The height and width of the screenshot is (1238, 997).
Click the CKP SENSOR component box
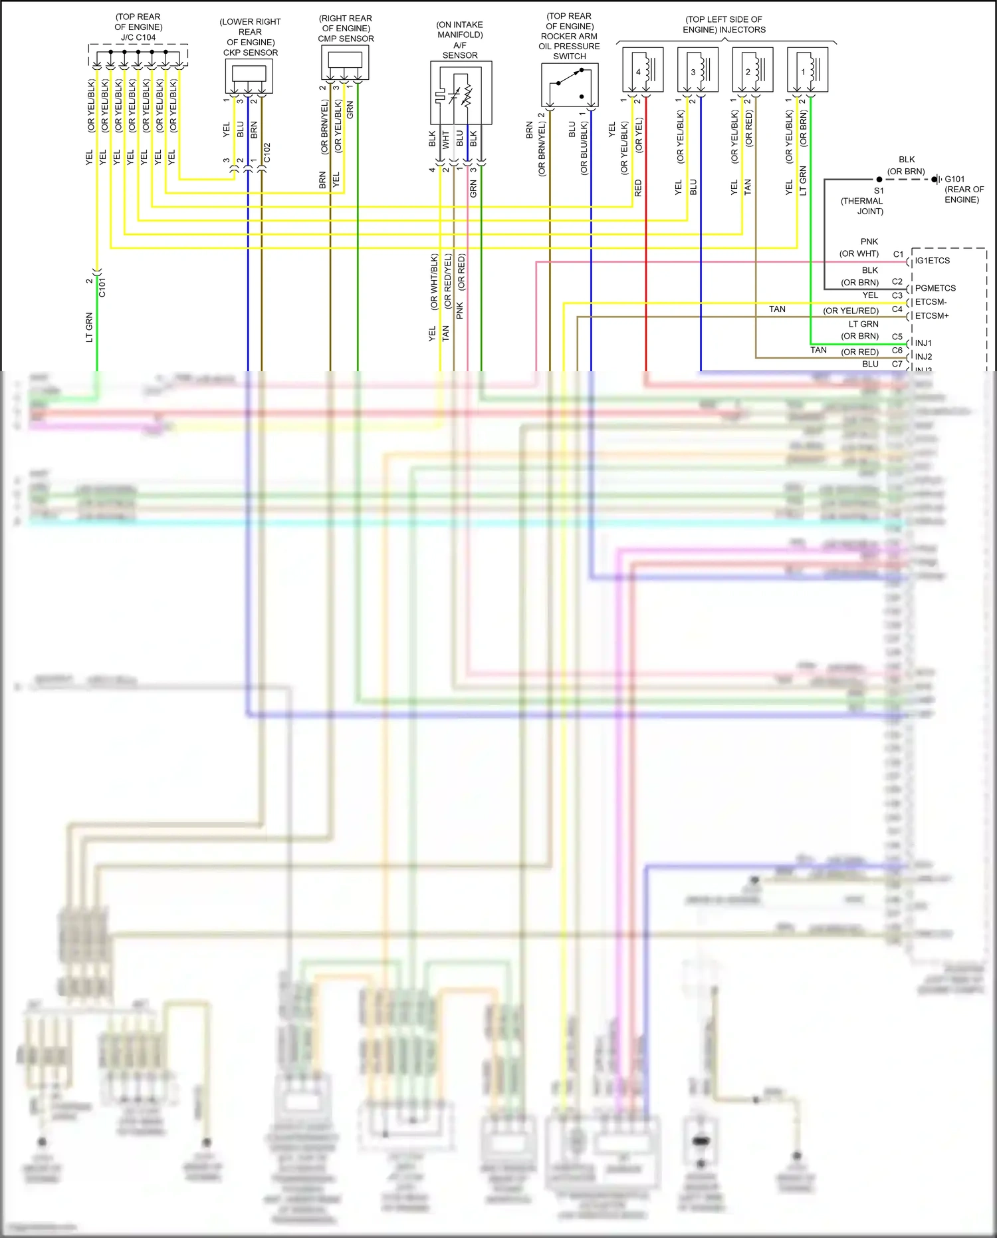249,77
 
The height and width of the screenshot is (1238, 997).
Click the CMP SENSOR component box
345,63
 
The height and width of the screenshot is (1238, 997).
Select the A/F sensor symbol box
461,92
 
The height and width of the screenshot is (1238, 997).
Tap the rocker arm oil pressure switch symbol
570,85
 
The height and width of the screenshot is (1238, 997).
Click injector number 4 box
643,70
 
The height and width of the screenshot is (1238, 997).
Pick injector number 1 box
807,70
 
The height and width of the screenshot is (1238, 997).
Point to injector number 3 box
697,70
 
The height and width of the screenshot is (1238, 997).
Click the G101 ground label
954,179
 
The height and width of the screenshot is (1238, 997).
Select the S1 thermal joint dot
879,180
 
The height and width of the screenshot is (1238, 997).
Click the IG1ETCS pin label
932,261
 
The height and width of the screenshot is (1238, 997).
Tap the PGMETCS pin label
935,288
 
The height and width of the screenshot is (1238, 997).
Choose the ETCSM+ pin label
932,316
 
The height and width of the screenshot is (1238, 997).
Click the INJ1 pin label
923,343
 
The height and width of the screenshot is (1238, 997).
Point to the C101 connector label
102,287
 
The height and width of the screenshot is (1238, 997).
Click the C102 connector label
267,152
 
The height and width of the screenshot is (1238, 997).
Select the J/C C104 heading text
138,37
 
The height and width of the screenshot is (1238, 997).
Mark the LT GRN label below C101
89,327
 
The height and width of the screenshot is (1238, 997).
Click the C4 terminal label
897,309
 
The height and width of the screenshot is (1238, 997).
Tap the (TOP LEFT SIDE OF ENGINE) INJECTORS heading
724,25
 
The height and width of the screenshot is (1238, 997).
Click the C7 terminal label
897,364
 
